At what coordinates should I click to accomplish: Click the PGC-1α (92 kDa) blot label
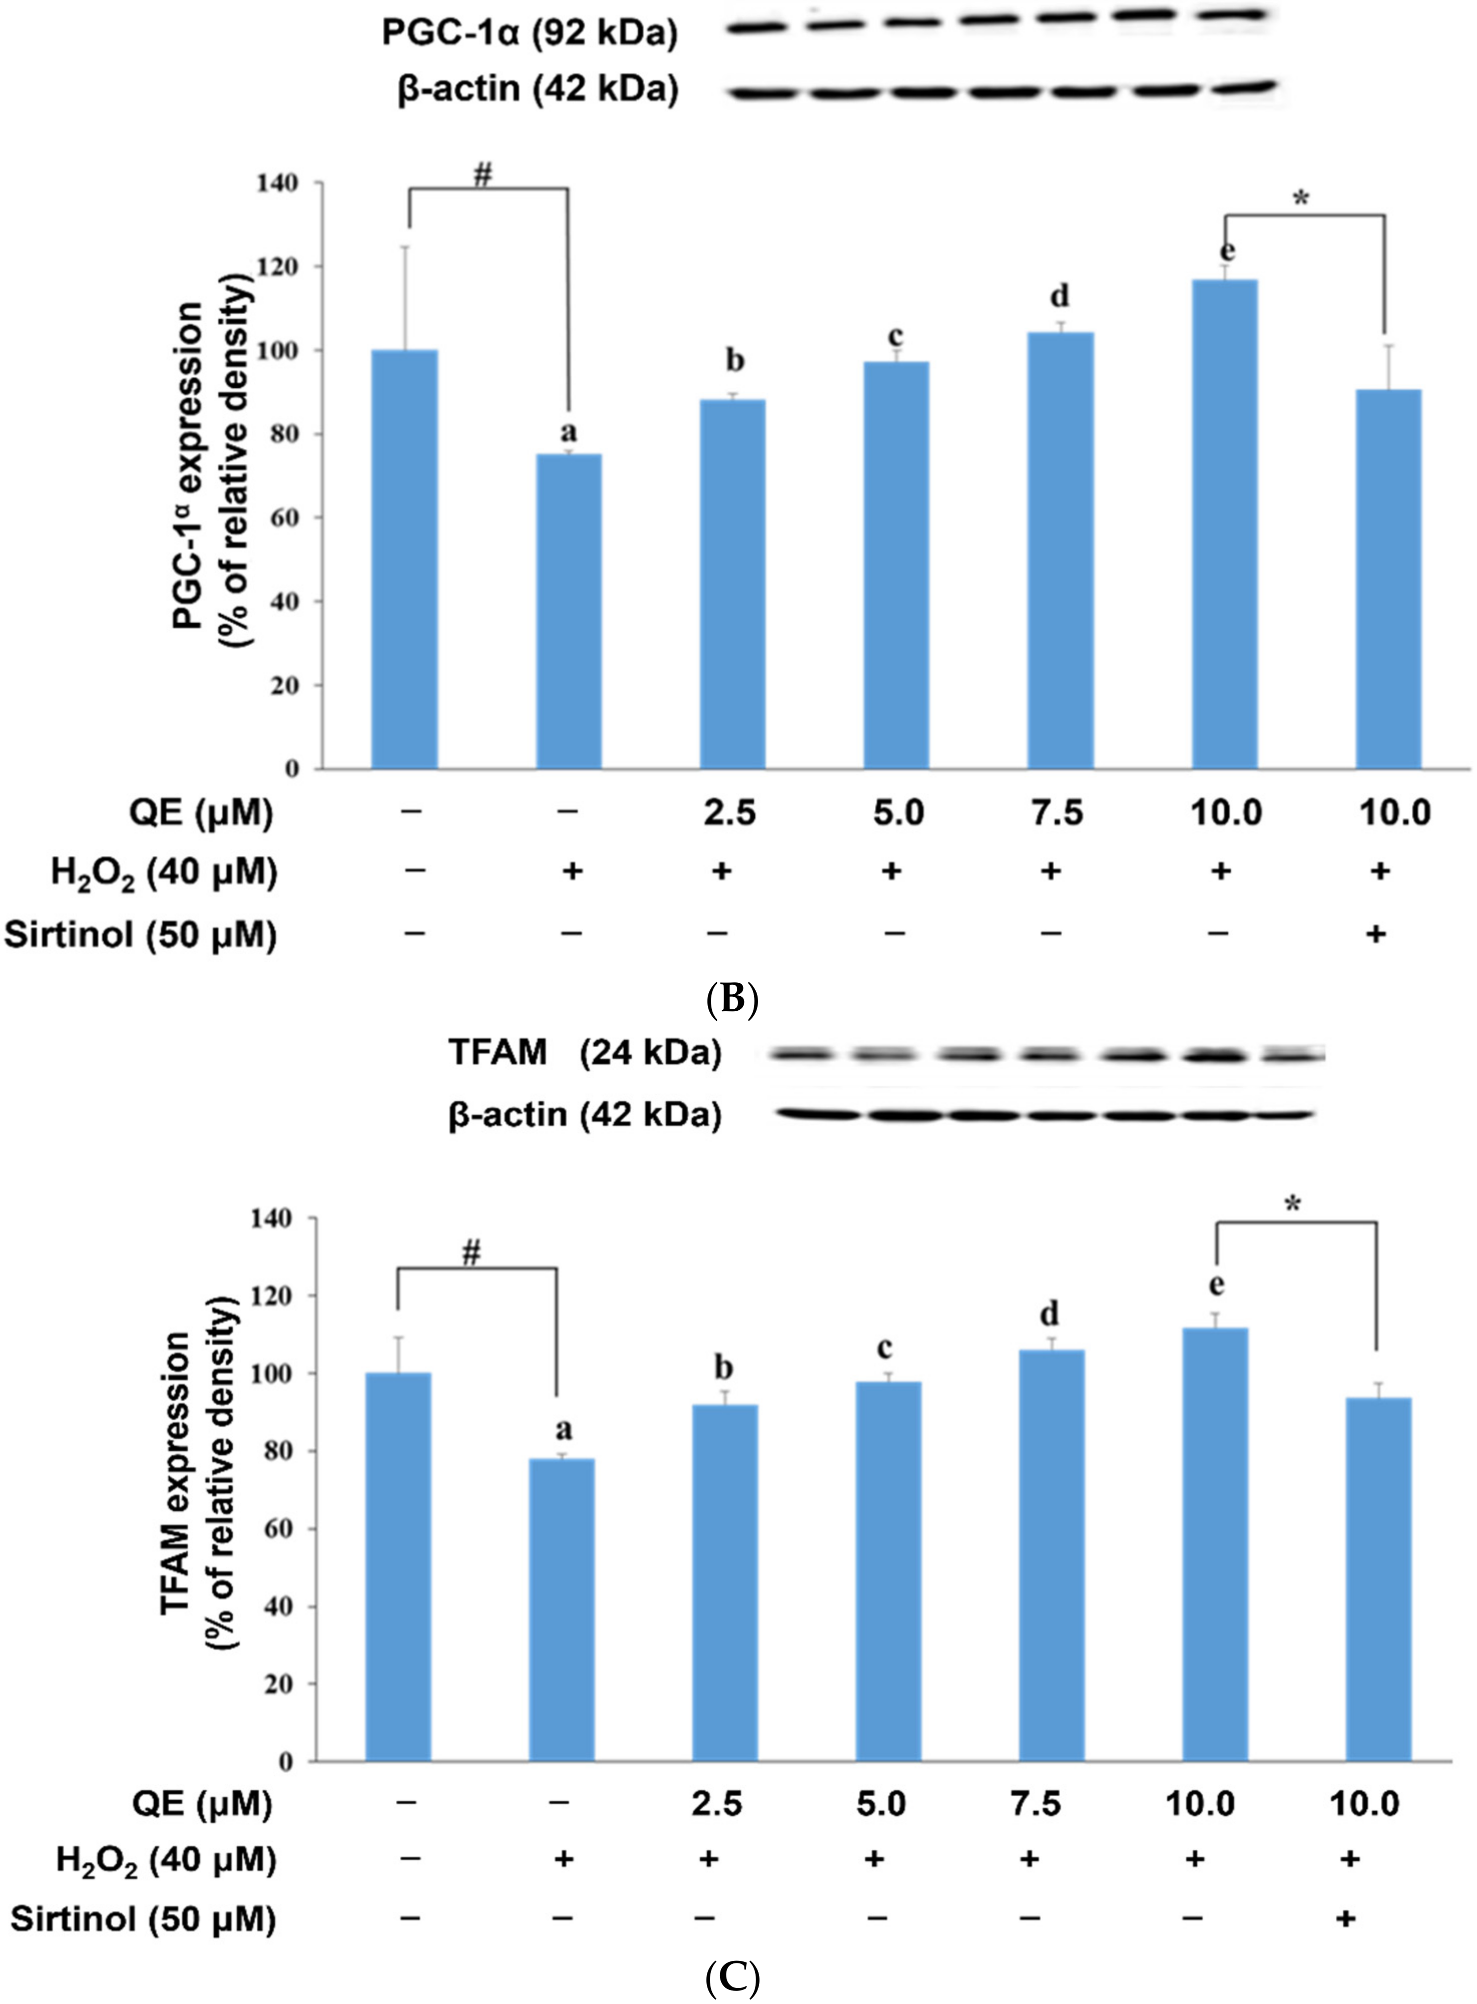(529, 33)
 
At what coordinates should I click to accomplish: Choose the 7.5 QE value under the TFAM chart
(1036, 1803)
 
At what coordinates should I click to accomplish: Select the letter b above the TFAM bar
(724, 1367)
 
